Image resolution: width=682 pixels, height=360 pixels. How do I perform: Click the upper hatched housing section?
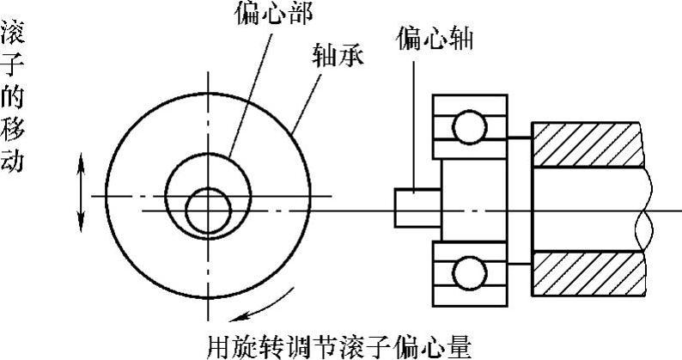(x=588, y=143)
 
